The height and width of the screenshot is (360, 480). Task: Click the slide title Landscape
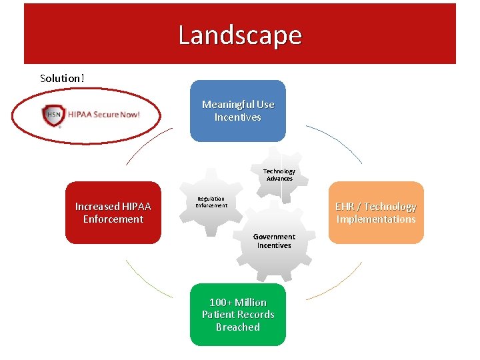pos(239,35)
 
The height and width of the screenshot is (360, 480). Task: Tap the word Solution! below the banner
pos(62,78)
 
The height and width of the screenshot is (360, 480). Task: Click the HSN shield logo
pos(52,115)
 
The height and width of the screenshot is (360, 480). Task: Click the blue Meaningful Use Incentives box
pos(237,111)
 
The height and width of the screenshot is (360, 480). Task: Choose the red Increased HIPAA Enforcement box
pos(113,213)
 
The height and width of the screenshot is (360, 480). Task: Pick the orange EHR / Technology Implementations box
pos(376,213)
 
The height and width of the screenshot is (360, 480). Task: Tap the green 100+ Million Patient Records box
pos(237,315)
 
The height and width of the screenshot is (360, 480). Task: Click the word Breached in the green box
pos(238,327)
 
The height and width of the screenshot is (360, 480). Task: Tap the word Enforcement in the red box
pos(113,219)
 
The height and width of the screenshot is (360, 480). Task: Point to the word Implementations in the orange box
pos(376,219)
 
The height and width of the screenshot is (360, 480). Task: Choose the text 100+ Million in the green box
pos(238,302)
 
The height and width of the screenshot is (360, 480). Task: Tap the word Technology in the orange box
pos(390,207)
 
